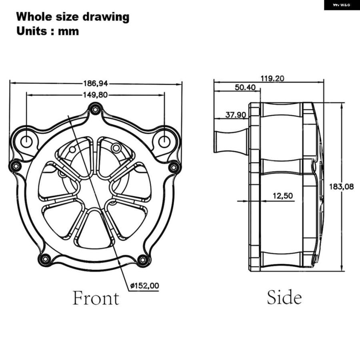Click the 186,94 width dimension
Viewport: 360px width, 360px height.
click(x=95, y=83)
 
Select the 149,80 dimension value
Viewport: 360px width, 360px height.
click(x=95, y=95)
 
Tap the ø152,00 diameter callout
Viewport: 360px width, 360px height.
click(x=145, y=286)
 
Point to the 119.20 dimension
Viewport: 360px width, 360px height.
click(x=272, y=78)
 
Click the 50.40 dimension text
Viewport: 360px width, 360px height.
click(x=245, y=88)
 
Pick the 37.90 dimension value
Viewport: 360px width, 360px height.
click(x=236, y=115)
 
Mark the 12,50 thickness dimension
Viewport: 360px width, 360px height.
click(x=283, y=196)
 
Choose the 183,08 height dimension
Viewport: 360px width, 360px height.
click(x=342, y=187)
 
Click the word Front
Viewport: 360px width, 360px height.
click(x=96, y=298)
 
